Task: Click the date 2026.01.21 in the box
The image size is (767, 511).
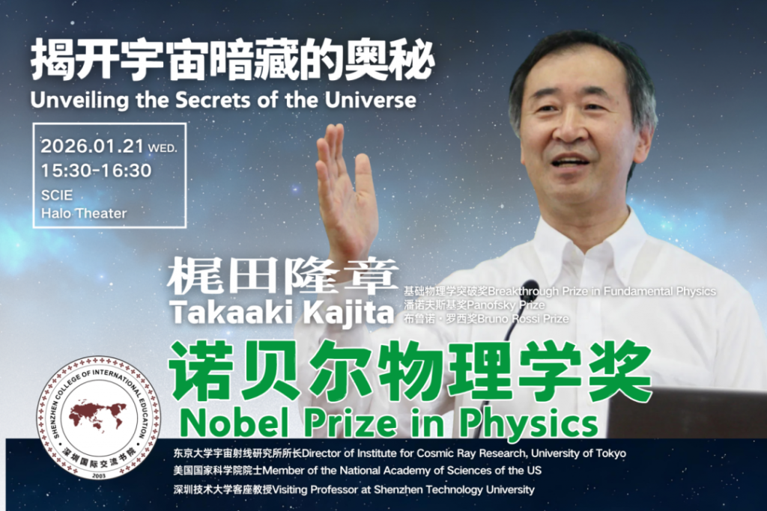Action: tap(92, 146)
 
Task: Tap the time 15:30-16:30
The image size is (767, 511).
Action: tap(96, 171)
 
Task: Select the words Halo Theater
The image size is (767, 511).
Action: tap(84, 213)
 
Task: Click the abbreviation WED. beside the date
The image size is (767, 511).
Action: tap(163, 148)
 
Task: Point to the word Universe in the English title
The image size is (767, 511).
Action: tap(370, 100)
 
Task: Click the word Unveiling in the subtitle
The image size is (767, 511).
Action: tap(79, 101)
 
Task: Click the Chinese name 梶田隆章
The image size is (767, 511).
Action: tap(282, 276)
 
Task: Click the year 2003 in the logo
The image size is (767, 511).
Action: tap(99, 475)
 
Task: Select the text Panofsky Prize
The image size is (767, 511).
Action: tap(506, 305)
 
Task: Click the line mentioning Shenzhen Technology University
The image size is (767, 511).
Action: tap(354, 489)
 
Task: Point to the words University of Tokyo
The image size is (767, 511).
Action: tap(578, 453)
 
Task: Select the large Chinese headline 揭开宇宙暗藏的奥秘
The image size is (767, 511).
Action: tap(232, 61)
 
